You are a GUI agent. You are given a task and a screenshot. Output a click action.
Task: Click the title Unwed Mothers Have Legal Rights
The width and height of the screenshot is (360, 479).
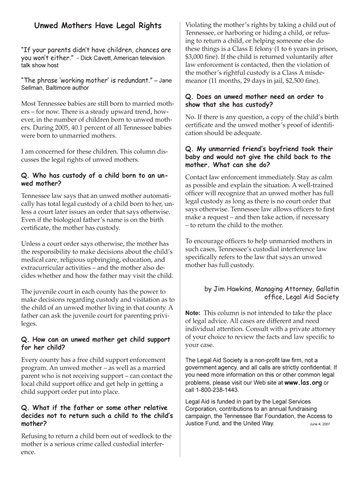98,26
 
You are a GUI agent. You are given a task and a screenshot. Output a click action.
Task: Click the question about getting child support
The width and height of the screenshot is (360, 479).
96,343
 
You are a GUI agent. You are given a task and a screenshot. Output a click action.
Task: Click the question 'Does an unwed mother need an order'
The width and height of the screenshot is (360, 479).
254,101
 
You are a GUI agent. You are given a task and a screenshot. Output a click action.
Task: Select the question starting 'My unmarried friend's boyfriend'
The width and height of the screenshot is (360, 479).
259,157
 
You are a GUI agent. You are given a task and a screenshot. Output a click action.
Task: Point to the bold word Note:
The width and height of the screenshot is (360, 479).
193,313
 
